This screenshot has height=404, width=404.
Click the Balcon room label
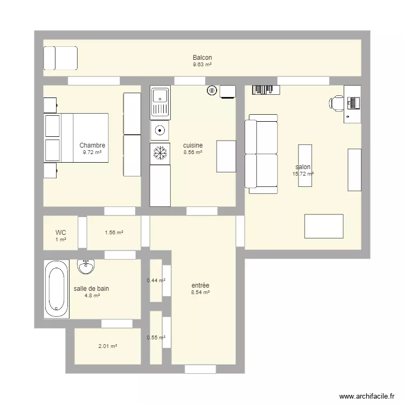[202, 58]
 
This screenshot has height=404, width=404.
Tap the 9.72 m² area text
[92, 152]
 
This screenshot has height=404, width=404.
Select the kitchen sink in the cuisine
[160, 102]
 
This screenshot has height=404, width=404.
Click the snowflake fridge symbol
[160, 154]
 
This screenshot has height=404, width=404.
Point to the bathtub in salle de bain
[57, 289]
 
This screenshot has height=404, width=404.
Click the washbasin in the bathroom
[86, 267]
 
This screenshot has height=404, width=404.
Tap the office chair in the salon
[337, 103]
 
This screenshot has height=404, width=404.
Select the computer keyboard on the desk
[353, 103]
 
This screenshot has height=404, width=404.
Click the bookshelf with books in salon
[266, 90]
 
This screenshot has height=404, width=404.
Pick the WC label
[60, 233]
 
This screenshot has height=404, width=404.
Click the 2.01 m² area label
[108, 346]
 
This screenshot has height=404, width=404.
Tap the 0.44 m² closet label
[156, 280]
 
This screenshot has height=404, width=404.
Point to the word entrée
[200, 285]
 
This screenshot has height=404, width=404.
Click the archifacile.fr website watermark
[367, 396]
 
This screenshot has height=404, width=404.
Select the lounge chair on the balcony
[60, 58]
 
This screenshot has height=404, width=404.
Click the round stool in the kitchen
[212, 90]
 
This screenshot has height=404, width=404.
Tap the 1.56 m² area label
[114, 233]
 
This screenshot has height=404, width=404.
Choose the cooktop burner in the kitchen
[160, 131]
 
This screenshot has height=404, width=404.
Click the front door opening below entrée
[200, 369]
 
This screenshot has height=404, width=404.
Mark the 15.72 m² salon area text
[303, 174]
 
